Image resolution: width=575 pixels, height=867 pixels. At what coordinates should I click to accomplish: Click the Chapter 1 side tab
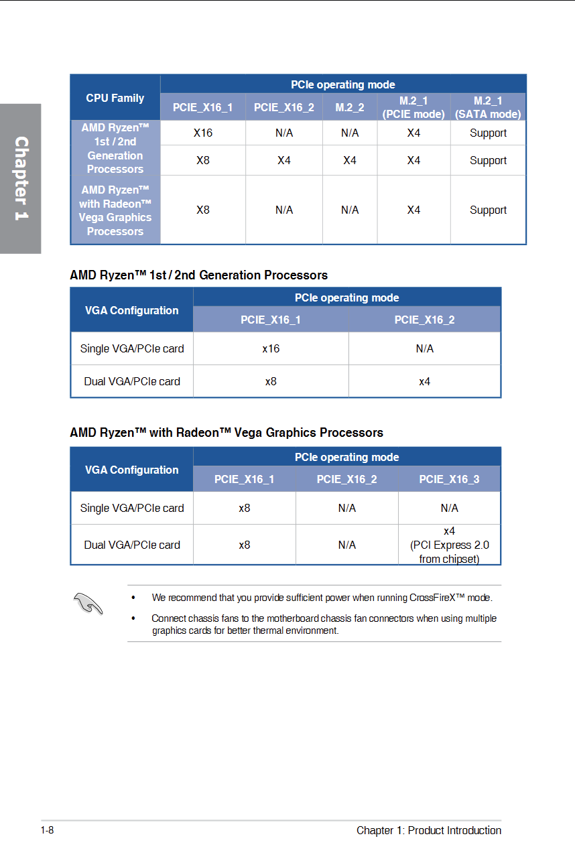(21, 178)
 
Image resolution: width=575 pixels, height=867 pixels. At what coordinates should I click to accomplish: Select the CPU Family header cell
(115, 98)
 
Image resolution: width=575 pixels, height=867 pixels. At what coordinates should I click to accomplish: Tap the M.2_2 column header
(350, 107)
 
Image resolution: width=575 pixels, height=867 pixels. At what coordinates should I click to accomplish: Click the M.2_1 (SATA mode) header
(488, 107)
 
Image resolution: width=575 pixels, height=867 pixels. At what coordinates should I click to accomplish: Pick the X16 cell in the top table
(203, 133)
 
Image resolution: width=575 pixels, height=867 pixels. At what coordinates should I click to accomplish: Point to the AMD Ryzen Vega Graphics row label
(115, 210)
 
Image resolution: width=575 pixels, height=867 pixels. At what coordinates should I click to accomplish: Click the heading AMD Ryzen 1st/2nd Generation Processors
(199, 275)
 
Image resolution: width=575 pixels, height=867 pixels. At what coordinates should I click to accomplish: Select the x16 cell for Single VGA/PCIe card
(271, 348)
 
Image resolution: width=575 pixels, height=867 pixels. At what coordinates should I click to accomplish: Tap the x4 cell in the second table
(424, 381)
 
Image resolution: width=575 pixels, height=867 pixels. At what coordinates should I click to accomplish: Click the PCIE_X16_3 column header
(449, 479)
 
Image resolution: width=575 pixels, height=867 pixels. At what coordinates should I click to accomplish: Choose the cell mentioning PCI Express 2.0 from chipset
(449, 545)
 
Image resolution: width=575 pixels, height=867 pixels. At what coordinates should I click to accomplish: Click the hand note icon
(89, 603)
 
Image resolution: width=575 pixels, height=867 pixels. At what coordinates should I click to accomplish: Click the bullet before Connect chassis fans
(134, 618)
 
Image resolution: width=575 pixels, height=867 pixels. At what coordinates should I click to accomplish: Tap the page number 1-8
(47, 831)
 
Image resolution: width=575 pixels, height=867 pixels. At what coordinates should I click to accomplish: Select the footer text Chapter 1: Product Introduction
(429, 831)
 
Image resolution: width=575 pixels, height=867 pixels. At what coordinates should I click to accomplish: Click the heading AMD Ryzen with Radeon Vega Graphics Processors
(227, 433)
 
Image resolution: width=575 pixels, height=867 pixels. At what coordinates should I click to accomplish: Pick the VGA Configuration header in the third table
(132, 470)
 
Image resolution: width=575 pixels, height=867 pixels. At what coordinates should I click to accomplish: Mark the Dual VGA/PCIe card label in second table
(132, 381)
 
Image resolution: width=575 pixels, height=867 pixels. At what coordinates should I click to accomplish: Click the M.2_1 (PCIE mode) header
(413, 107)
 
